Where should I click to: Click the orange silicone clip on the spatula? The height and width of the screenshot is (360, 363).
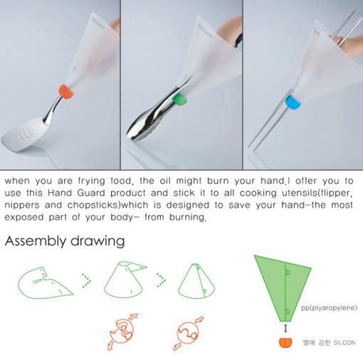[66, 92]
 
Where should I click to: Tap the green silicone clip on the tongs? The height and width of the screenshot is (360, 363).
[179, 100]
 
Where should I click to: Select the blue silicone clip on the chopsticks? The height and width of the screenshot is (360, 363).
[293, 102]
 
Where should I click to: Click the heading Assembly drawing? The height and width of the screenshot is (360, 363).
[65, 241]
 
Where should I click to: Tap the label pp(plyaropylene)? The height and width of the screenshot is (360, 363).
[329, 308]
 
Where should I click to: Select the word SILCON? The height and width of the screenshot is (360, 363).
[344, 343]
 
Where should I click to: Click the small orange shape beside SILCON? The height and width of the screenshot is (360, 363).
[285, 342]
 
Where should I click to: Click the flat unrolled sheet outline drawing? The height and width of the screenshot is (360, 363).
[46, 282]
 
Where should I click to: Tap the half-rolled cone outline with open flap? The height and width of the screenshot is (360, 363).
[125, 280]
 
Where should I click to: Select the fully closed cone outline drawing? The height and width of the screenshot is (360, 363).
[196, 280]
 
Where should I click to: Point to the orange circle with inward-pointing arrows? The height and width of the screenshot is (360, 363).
[188, 333]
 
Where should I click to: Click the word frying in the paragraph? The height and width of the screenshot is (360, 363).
[92, 181]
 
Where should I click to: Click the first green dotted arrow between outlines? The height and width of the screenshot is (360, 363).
[86, 280]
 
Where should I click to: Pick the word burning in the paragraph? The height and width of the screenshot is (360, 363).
[187, 217]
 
